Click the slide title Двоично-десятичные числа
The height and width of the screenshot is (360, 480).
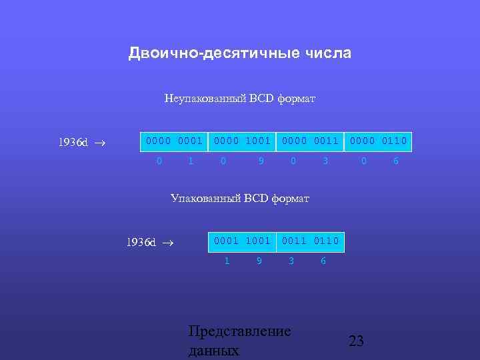click(239, 53)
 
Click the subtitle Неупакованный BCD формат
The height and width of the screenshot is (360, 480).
click(239, 99)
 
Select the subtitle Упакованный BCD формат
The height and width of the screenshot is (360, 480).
click(239, 198)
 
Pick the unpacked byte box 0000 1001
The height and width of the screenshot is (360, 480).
click(241, 141)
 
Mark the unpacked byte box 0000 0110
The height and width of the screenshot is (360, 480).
click(379, 141)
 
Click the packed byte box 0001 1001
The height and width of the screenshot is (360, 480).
click(242, 241)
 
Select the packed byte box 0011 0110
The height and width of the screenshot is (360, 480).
click(311, 241)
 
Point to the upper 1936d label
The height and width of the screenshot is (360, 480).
click(73, 143)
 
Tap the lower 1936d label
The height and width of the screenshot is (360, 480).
click(141, 243)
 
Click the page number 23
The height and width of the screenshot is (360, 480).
click(357, 341)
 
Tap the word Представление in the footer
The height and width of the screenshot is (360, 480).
click(239, 331)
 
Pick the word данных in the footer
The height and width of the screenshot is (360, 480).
click(213, 351)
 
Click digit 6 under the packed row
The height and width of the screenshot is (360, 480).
click(323, 261)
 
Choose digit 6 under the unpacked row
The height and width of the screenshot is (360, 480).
click(395, 161)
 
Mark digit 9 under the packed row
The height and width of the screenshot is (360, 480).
click(259, 261)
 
